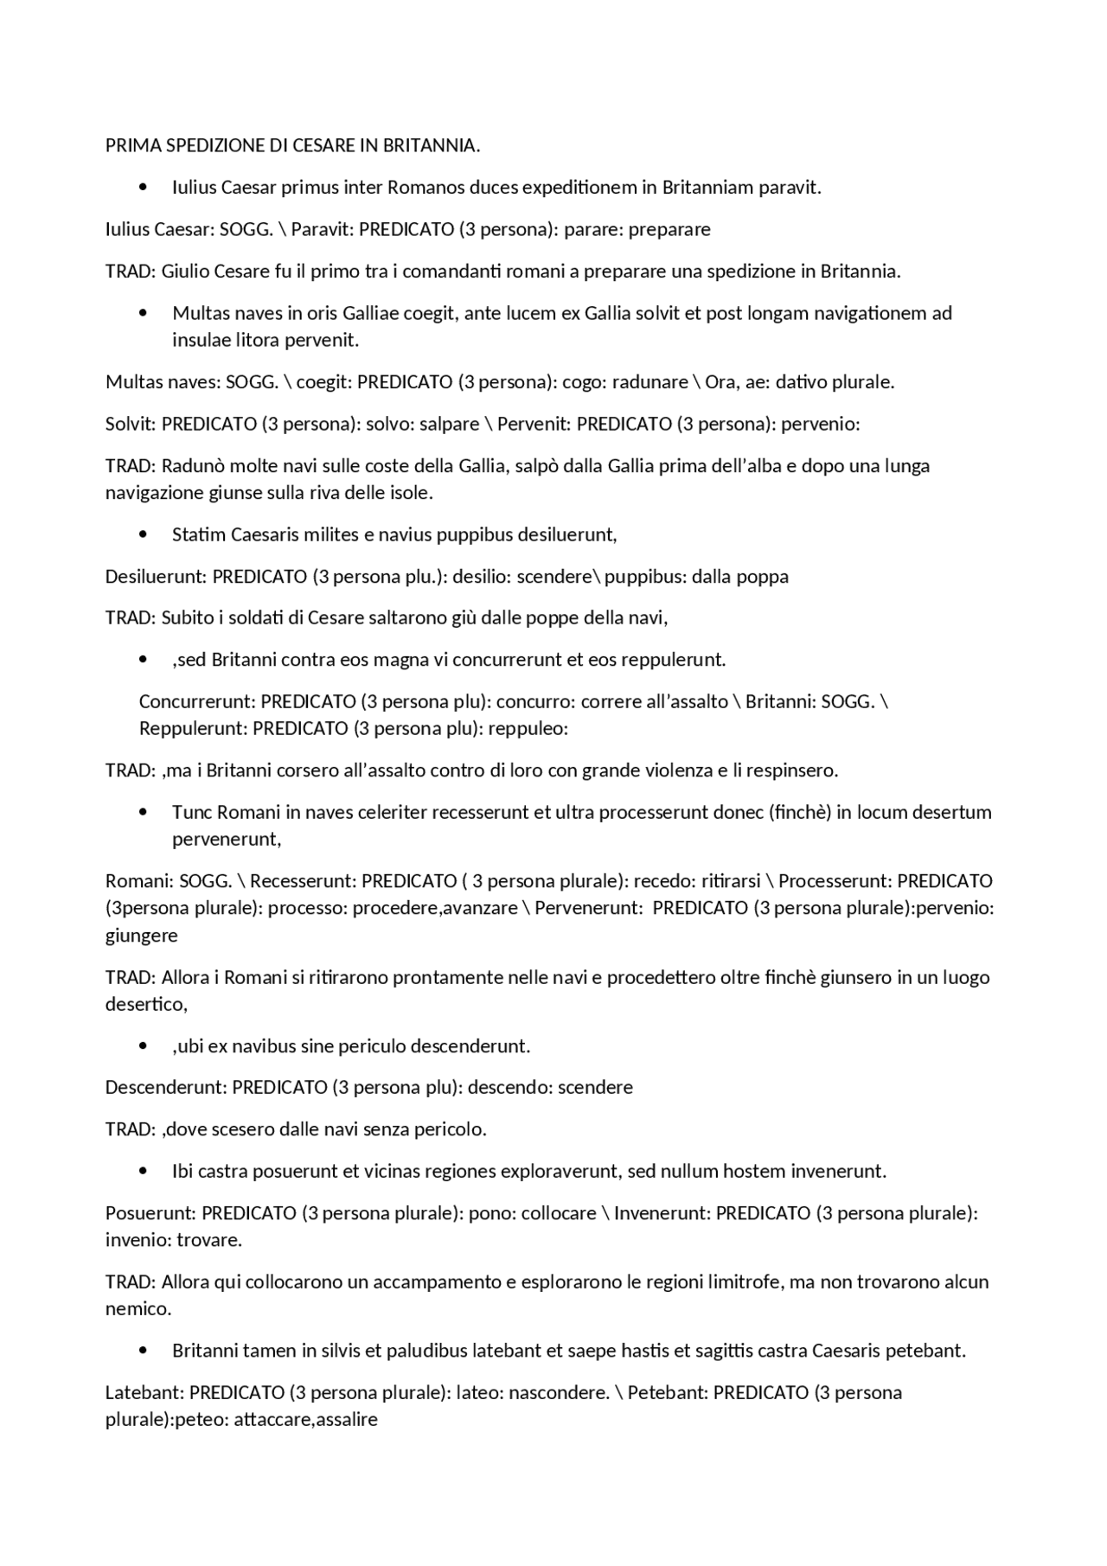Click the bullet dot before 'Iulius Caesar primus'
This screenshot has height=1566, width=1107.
coord(144,187)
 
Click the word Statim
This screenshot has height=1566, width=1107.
coord(198,534)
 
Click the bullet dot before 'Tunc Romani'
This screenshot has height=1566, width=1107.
coord(144,812)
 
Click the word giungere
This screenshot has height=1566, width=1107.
coord(142,935)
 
